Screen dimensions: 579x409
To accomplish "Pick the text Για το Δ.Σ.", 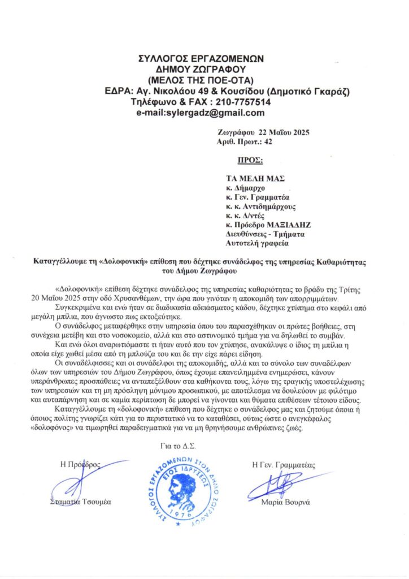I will point(175,446).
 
